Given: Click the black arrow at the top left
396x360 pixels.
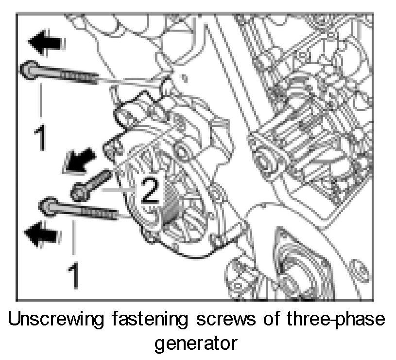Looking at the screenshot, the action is coord(46,42).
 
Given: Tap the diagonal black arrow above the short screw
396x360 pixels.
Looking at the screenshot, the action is coord(79,161).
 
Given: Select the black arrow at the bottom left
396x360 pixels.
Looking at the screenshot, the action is coord(42,234).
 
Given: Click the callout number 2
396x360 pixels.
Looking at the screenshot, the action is coord(150,190).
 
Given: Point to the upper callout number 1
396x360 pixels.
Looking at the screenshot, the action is coord(40,138).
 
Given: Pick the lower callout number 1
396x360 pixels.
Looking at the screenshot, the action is coord(74,275).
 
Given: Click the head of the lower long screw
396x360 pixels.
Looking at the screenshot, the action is coord(48,207).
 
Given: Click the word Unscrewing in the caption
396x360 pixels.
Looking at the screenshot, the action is coord(56,319).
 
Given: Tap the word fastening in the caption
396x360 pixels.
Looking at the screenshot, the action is coord(150,319).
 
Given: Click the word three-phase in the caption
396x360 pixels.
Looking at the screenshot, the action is coord(336,320).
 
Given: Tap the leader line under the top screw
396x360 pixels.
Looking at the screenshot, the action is coord(40,100).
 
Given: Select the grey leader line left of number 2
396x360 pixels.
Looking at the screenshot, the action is coord(119,189).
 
